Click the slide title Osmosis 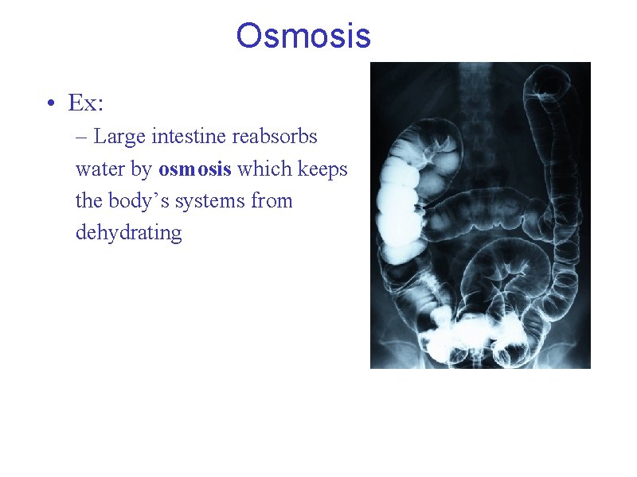tap(303, 36)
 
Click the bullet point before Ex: tap(50, 104)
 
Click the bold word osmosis tap(195, 169)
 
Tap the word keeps tap(322, 169)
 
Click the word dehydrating tap(129, 233)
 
